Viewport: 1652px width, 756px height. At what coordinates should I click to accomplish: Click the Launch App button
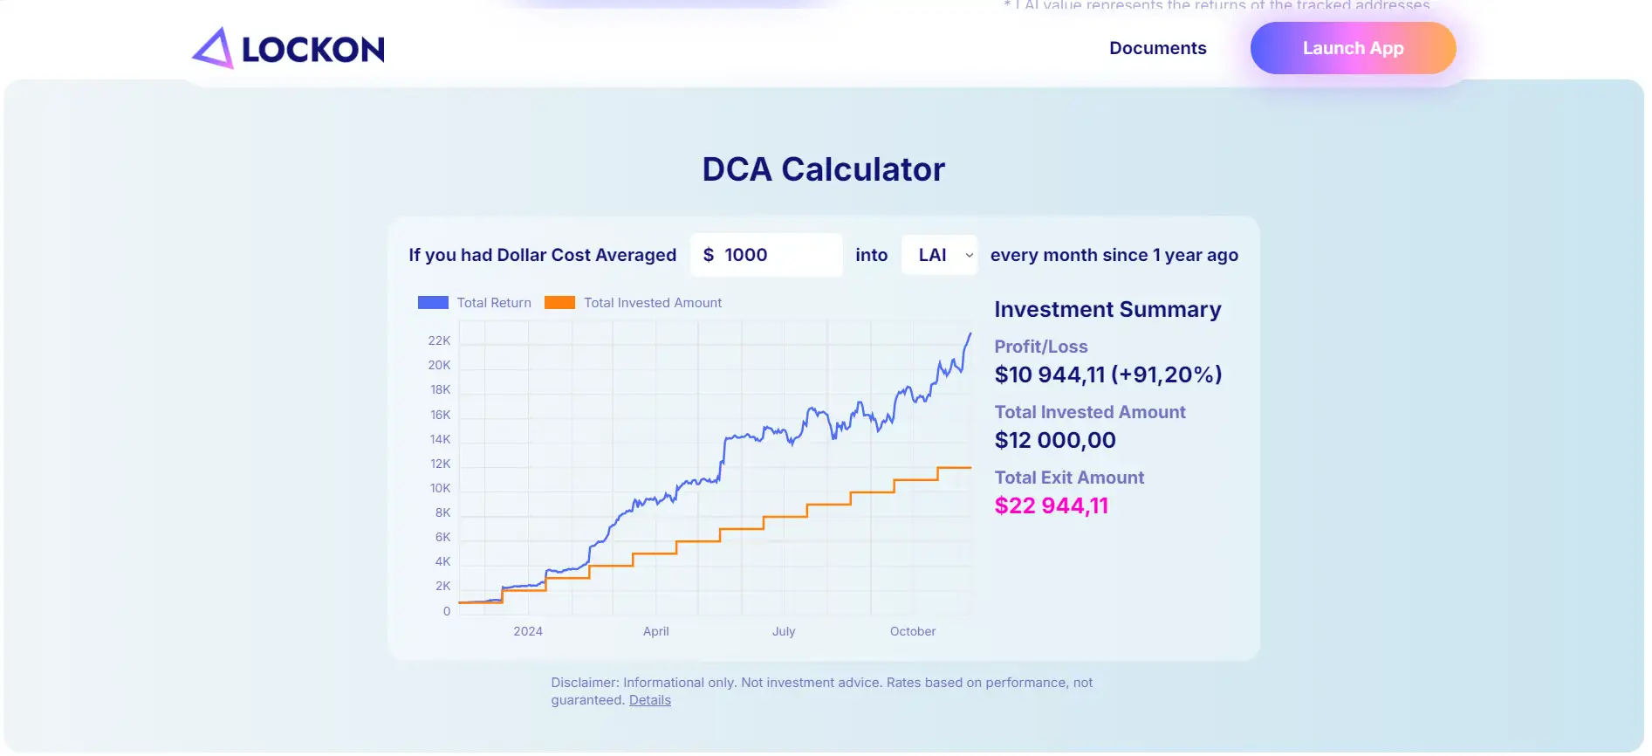[x=1352, y=48]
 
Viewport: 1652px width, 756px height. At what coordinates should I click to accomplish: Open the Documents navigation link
[x=1157, y=48]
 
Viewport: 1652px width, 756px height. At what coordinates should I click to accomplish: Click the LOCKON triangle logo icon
[x=213, y=48]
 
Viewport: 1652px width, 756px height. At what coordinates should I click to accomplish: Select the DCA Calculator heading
[x=823, y=169]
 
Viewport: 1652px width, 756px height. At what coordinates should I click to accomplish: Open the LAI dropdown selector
[x=939, y=255]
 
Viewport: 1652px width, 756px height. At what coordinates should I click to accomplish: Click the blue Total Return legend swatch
[x=433, y=303]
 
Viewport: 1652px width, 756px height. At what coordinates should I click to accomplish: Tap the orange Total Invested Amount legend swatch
[x=559, y=303]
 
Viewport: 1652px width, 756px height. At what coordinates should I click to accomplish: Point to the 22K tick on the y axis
[x=439, y=340]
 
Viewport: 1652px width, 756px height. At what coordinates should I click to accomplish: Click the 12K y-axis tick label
[x=440, y=464]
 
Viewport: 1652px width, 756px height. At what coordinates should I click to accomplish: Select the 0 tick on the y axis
[x=447, y=611]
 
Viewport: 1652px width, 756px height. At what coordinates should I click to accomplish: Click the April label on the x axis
[x=655, y=631]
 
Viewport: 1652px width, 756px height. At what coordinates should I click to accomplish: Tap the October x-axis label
[x=912, y=631]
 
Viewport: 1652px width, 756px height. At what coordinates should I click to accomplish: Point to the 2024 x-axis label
[x=528, y=631]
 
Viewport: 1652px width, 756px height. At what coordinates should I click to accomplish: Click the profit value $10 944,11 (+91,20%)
[x=1107, y=375]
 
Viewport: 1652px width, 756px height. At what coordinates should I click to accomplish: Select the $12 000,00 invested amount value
[x=1054, y=440]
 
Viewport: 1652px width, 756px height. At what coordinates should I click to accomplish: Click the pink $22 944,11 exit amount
[x=1051, y=505]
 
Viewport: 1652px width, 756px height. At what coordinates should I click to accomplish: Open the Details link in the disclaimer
[x=649, y=700]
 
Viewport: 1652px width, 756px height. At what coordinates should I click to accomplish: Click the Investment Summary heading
[x=1107, y=310]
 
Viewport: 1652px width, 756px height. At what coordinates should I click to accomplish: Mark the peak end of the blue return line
[x=970, y=333]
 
